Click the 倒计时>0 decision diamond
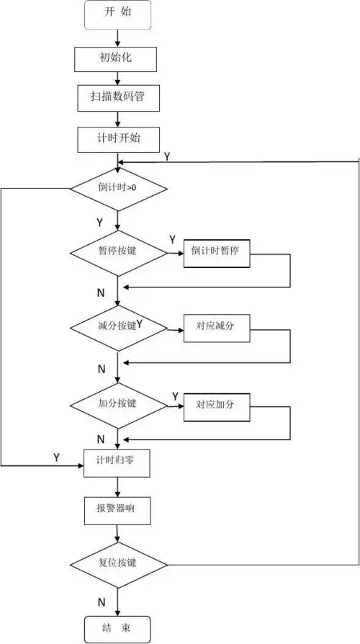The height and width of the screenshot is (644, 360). pyautogui.click(x=118, y=189)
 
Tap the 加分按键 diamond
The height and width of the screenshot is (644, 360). pyautogui.click(x=118, y=403)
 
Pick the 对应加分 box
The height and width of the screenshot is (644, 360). pyautogui.click(x=217, y=404)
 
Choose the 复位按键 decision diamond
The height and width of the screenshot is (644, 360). pyautogui.click(x=118, y=562)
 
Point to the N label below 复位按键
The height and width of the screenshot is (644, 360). pyautogui.click(x=102, y=601)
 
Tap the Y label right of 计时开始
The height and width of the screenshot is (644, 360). pyautogui.click(x=167, y=156)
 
